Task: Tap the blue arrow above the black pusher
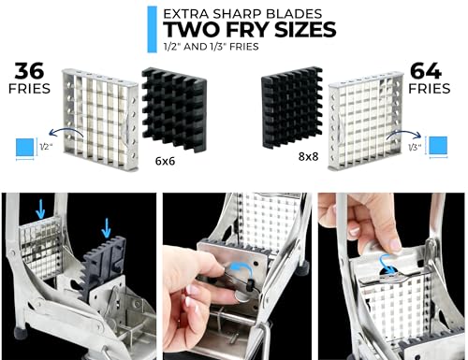point(108,223)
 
